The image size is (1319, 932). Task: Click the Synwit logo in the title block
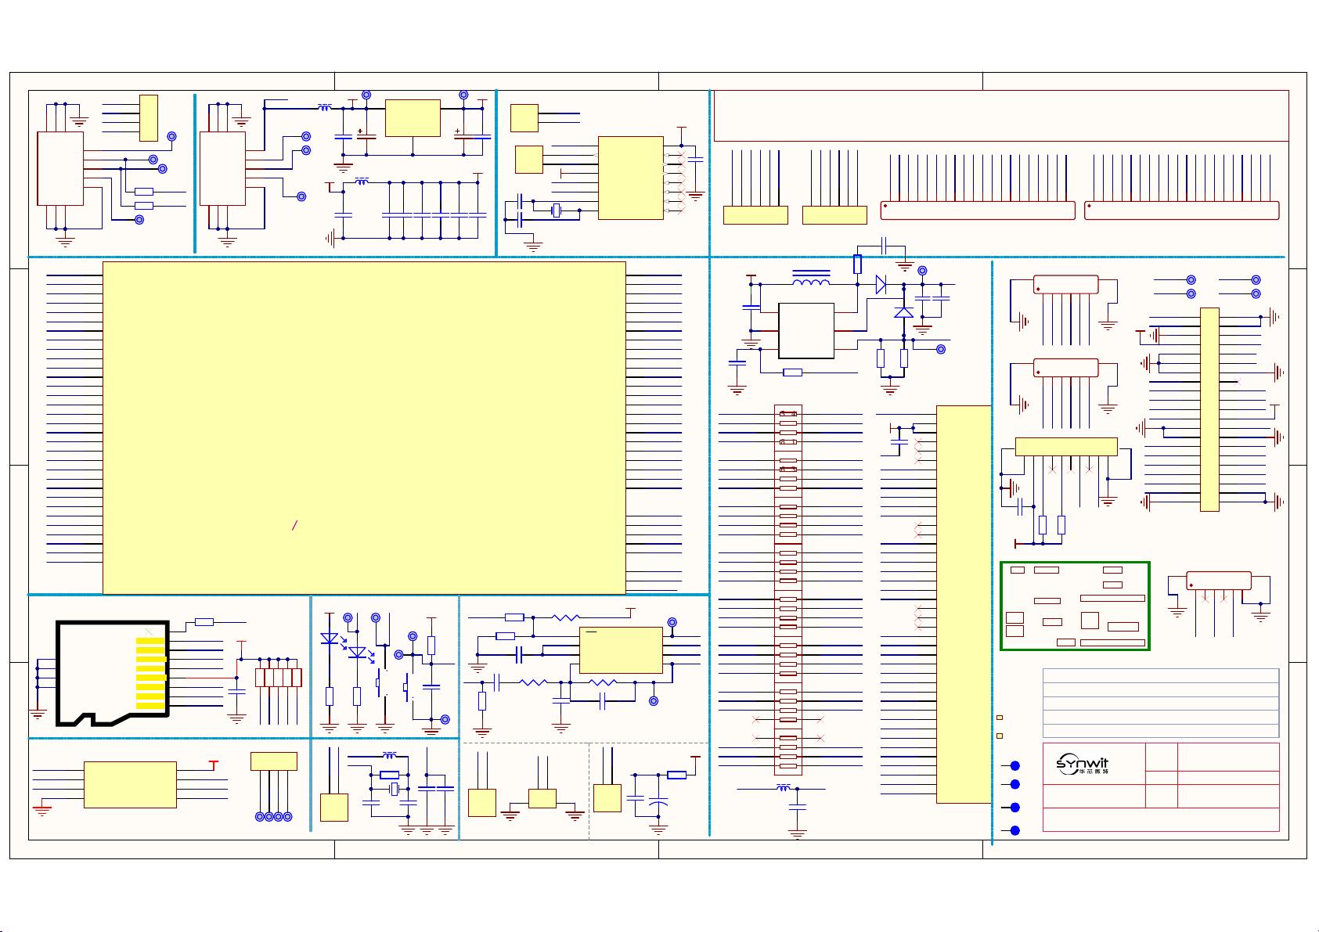(1083, 765)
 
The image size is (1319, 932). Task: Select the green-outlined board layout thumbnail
(1075, 606)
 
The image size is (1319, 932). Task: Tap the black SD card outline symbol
(112, 673)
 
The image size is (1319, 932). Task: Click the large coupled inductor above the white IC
(811, 282)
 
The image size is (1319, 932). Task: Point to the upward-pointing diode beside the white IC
(903, 311)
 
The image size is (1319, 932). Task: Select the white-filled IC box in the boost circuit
(806, 330)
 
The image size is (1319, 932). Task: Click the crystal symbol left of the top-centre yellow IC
(557, 210)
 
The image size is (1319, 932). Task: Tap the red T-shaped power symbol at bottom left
(212, 765)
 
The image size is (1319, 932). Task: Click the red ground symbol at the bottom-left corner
(42, 811)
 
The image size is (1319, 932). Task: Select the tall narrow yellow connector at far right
(1209, 409)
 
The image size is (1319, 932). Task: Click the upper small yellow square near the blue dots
(1000, 718)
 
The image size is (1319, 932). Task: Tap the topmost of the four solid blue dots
(1014, 765)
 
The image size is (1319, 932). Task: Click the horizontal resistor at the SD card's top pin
(204, 622)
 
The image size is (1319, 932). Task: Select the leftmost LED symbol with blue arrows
(330, 639)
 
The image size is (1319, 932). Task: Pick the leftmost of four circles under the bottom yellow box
(260, 817)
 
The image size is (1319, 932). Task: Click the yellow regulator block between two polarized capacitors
(413, 118)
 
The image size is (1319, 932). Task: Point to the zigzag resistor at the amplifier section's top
(566, 617)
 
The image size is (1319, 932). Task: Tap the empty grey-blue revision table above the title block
(1161, 703)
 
